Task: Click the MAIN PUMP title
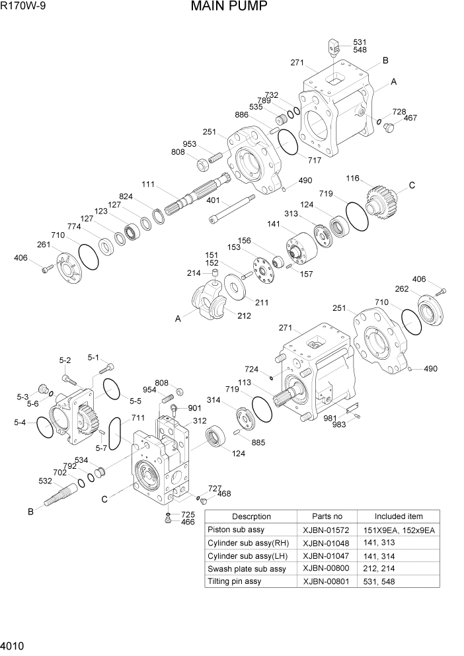[229, 7]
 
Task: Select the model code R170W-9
[25, 7]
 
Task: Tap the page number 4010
[14, 645]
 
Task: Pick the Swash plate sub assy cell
[247, 569]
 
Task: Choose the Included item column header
[398, 516]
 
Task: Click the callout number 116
[352, 179]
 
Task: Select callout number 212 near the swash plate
[244, 315]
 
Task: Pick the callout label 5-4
[20, 421]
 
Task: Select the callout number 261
[44, 245]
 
